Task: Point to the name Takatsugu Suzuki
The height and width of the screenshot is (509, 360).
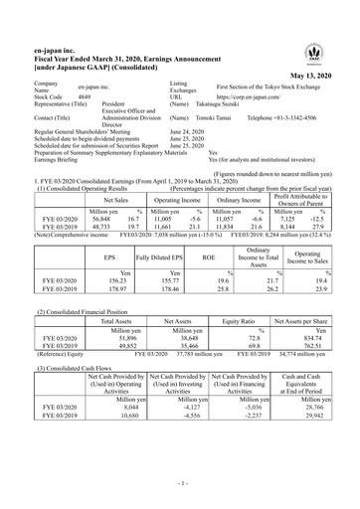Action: click(218, 106)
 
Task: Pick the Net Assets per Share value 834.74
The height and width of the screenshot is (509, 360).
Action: click(323, 310)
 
